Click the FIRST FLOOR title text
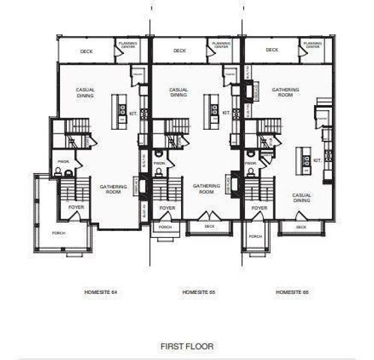pyautogui.click(x=187, y=346)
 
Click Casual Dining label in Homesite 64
pyautogui.click(x=85, y=92)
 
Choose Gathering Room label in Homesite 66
pyautogui.click(x=285, y=92)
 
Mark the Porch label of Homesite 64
pyautogui.click(x=57, y=232)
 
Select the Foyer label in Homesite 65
pyautogui.click(x=167, y=207)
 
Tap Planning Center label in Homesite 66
pyautogui.click(x=312, y=45)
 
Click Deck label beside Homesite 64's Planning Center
pyautogui.click(x=86, y=51)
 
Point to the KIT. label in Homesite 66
pyautogui.click(x=318, y=160)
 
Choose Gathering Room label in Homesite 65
pyautogui.click(x=206, y=188)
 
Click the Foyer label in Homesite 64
pyautogui.click(x=75, y=207)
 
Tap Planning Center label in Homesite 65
pyautogui.click(x=221, y=45)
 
